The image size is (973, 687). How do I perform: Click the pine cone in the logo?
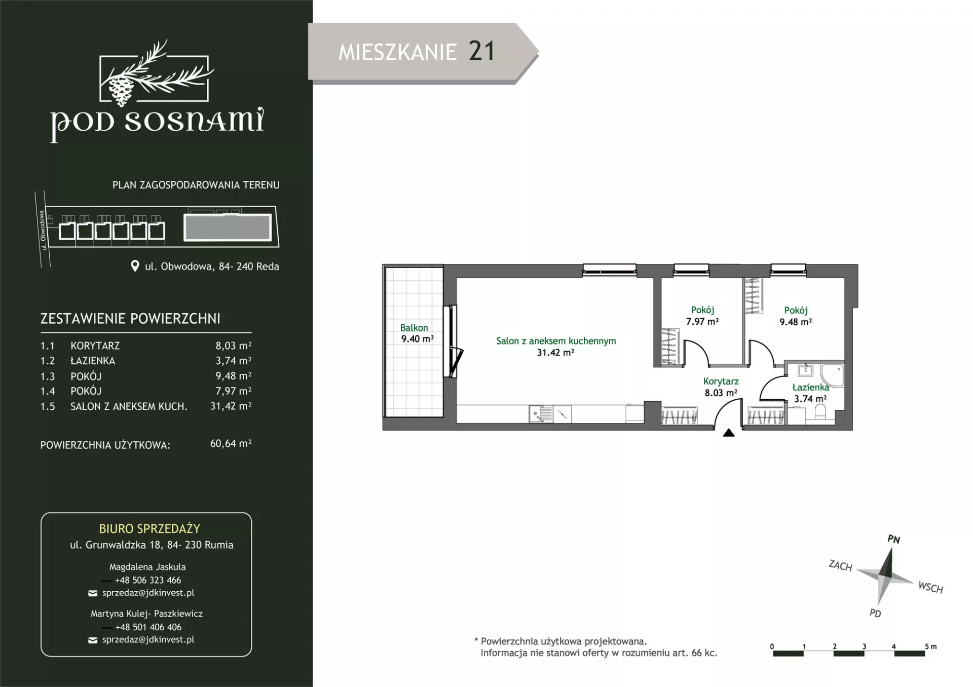121,90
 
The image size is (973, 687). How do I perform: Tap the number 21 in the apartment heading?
481,52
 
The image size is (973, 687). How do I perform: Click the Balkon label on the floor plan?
414,328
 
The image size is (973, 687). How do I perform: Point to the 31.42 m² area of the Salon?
555,353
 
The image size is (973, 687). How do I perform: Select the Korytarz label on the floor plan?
721,381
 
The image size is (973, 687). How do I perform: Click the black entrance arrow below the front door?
729,433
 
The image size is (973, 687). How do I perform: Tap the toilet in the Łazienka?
819,412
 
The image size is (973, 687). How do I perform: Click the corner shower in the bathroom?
832,375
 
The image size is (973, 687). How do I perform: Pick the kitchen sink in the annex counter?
541,414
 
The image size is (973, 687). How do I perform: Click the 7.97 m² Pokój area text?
702,321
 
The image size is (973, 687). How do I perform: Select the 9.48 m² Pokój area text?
796,322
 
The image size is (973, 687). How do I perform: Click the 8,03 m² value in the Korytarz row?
233,346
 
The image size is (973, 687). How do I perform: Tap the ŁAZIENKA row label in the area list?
93,361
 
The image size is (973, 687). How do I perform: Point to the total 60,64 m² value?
231,443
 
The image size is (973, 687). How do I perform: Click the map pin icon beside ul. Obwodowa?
135,266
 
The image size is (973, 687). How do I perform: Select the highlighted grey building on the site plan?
228,227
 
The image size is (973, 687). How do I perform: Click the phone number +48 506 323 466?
148,580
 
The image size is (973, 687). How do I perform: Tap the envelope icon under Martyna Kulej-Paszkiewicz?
93,640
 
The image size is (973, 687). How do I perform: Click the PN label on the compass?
893,540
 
